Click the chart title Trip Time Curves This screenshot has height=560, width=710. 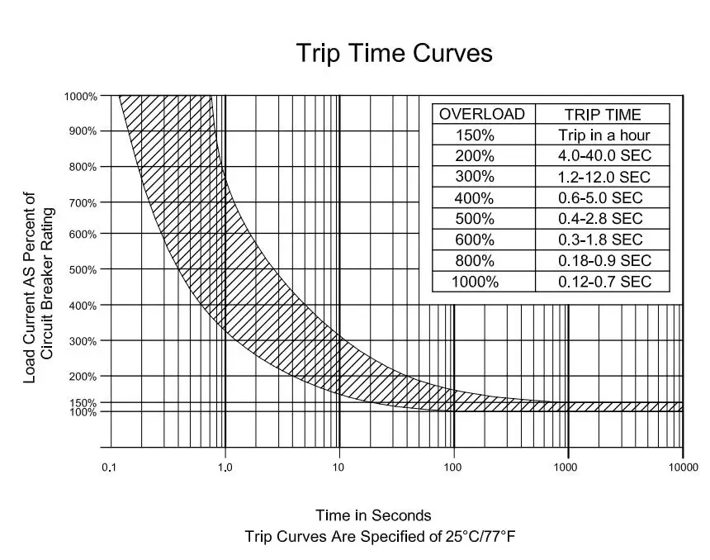point(394,54)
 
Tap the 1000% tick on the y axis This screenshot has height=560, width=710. point(81,97)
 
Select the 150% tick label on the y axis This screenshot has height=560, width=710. point(83,403)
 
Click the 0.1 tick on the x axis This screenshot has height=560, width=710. point(109,467)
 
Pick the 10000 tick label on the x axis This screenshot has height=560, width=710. point(682,467)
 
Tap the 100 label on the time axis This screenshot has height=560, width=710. point(452,467)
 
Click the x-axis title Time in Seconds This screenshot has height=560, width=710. point(373,515)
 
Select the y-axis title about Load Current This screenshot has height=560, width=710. point(39,287)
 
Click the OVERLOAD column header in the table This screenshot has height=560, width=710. point(482,114)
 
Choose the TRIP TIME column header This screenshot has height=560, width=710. point(603,115)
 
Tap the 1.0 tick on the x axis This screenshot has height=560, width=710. point(225,467)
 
